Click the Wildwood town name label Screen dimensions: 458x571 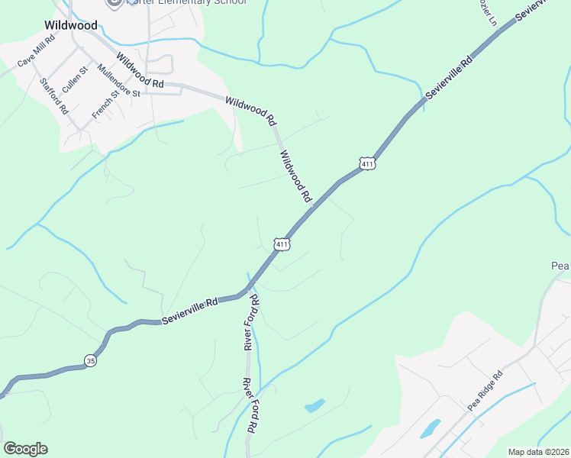[x=71, y=25]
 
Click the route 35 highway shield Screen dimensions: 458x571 [x=91, y=361]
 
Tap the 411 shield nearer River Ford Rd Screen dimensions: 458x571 [x=282, y=244]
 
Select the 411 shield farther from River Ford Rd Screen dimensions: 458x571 [x=367, y=163]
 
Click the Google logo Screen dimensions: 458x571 [x=26, y=449]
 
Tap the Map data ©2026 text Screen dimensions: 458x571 [x=539, y=452]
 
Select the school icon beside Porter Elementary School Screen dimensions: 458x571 [x=115, y=2]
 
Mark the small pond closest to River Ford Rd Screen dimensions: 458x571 [x=315, y=406]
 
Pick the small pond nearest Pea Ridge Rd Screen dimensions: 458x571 [x=431, y=428]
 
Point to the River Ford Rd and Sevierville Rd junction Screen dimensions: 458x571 [x=249, y=292]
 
